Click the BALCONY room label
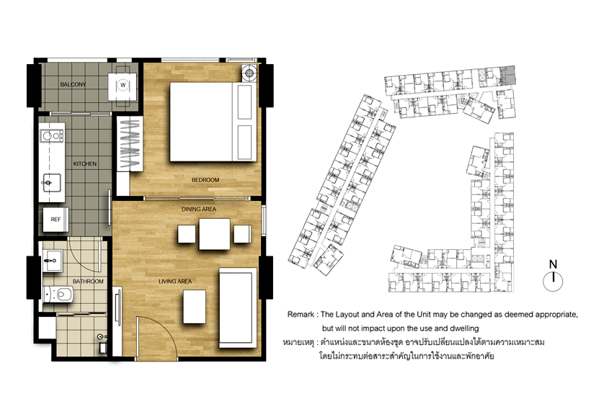pyautogui.click(x=73, y=84)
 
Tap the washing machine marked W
pyautogui.click(x=123, y=86)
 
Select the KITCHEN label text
pyautogui.click(x=85, y=163)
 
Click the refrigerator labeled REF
pyautogui.click(x=55, y=220)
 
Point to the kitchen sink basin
pyautogui.click(x=52, y=183)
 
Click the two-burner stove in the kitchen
pyautogui.click(x=53, y=135)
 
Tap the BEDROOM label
pyautogui.click(x=205, y=180)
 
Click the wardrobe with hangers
pyautogui.click(x=130, y=144)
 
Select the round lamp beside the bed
pyautogui.click(x=249, y=73)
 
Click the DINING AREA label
pyautogui.click(x=199, y=209)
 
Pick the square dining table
pyautogui.click(x=215, y=234)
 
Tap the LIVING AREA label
pyautogui.click(x=175, y=282)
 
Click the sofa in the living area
pyautogui.click(x=236, y=308)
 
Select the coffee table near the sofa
pyautogui.click(x=195, y=307)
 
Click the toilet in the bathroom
pyautogui.click(x=58, y=294)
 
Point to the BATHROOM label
pyautogui.click(x=88, y=282)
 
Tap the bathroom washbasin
pyautogui.click(x=52, y=261)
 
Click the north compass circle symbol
pyautogui.click(x=553, y=282)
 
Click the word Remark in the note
pyautogui.click(x=301, y=315)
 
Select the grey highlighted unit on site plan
pyautogui.click(x=510, y=76)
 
